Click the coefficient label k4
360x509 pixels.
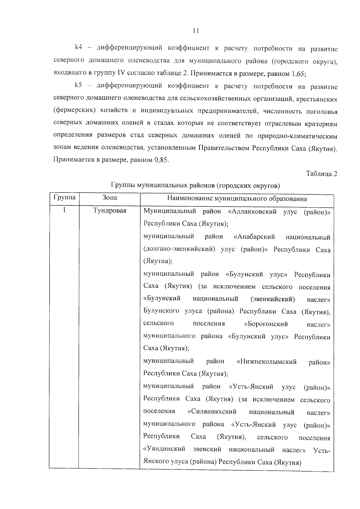(79, 47)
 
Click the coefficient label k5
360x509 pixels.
(79, 85)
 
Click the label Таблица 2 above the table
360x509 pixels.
(322, 174)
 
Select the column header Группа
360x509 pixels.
(64, 198)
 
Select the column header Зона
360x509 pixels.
(110, 198)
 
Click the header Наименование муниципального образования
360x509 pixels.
(237, 199)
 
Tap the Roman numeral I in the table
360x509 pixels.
(64, 210)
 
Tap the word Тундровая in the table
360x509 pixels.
(110, 211)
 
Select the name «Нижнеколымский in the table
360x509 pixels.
(267, 362)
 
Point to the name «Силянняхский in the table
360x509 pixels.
(212, 412)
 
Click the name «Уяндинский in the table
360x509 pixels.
(164, 450)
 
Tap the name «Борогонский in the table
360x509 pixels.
(266, 324)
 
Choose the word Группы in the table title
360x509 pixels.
(123, 185)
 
